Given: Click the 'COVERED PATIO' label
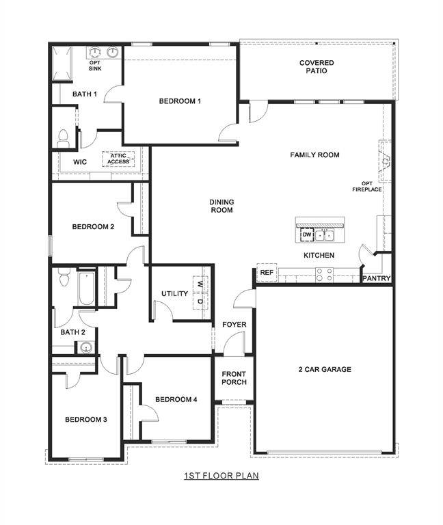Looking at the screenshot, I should (317, 66).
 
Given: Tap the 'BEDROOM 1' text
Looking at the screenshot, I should (180, 101).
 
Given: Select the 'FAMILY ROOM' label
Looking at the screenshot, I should (314, 155).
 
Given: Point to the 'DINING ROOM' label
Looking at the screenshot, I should (221, 206).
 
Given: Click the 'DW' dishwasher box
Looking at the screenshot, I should (307, 235).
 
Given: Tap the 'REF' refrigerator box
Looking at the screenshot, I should (267, 273).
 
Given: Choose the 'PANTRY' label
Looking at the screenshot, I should (376, 278).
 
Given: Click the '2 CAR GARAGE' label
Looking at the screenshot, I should (324, 369).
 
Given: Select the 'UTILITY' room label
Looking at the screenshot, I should (174, 294).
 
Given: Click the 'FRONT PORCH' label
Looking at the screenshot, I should (234, 378).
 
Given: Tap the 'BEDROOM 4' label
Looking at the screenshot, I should (176, 399).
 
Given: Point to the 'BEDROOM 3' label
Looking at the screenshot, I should (86, 420).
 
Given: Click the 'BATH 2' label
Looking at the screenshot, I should (72, 332).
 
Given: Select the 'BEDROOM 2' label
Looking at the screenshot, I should (93, 227).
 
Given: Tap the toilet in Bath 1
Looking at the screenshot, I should (64, 138).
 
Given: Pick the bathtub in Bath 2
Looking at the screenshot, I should (85, 290).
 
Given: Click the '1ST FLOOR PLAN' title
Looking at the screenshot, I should (221, 475).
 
